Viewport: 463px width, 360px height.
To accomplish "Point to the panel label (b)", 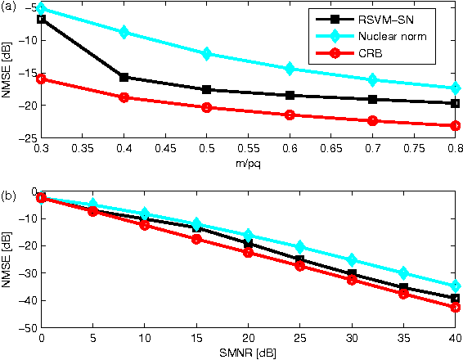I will click(x=7, y=196).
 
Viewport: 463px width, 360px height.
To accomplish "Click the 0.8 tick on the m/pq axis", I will click(x=454, y=151).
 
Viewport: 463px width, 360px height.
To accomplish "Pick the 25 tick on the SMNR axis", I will click(x=299, y=338).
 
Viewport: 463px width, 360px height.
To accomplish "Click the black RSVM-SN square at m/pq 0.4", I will click(x=124, y=77).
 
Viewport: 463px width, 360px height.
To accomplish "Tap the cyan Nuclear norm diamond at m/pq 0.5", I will click(x=206, y=53).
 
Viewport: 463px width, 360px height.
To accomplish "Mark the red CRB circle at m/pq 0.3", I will click(x=41, y=79).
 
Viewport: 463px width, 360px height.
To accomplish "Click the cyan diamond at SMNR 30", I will click(x=352, y=259).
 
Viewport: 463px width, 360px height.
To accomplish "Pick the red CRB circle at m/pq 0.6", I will click(x=289, y=115).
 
